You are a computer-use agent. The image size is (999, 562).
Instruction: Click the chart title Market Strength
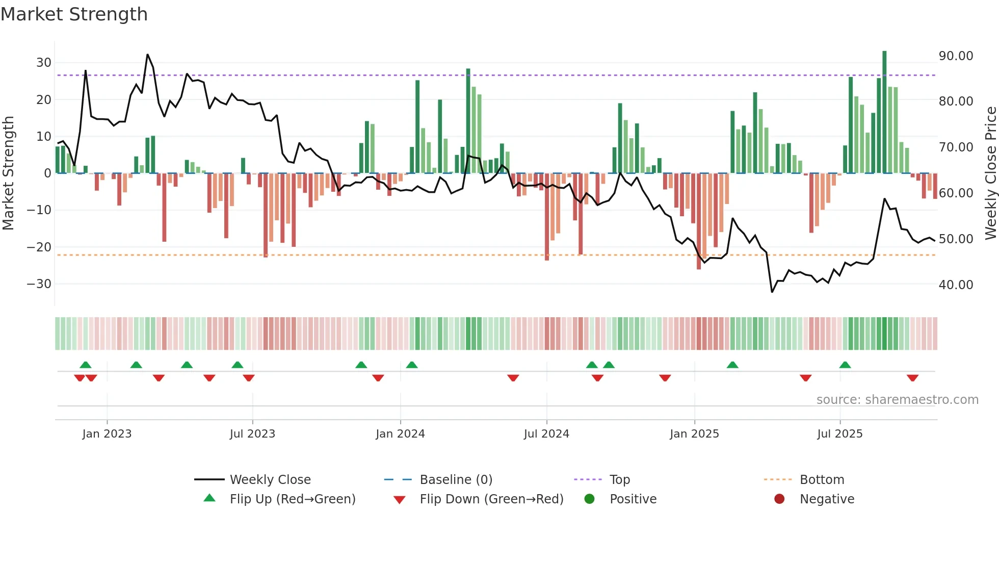(74, 14)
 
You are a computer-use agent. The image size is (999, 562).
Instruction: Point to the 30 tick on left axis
(43, 63)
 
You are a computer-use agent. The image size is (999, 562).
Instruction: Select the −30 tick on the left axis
(39, 284)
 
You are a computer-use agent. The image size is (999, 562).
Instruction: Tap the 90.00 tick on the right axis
(956, 56)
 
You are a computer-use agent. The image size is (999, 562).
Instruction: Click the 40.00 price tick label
(956, 285)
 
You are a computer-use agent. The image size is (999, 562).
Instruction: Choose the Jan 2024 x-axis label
(400, 434)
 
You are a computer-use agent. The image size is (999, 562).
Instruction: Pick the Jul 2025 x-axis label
(839, 434)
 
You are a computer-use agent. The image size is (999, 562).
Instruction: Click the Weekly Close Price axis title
(990, 173)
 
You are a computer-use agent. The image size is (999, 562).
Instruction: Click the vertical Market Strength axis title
(8, 173)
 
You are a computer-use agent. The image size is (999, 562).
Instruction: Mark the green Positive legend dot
(589, 499)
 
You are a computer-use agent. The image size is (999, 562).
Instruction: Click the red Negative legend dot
(779, 499)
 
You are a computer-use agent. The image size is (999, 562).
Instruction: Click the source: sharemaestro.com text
(897, 400)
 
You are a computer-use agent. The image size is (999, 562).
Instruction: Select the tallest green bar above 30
(884, 112)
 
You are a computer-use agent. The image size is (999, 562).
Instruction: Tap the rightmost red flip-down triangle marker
(912, 378)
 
